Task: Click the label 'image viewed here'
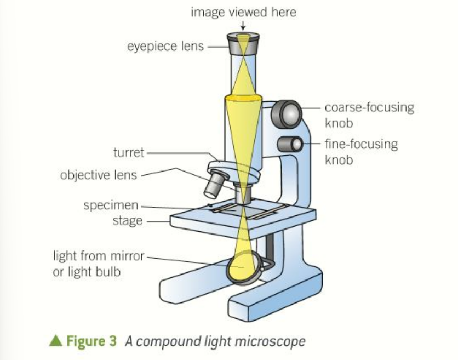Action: [x=243, y=12]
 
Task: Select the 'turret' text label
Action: [x=129, y=152]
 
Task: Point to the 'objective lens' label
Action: [x=99, y=176]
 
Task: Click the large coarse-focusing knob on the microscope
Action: [x=290, y=113]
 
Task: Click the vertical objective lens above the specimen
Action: [x=243, y=192]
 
